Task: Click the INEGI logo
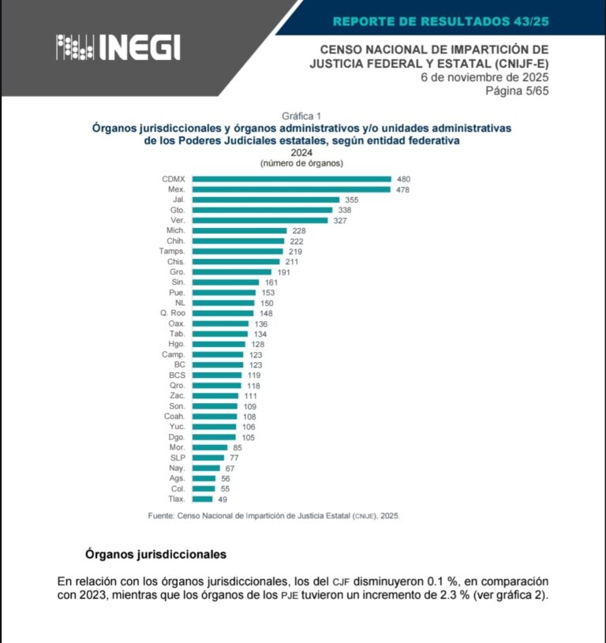click(x=118, y=47)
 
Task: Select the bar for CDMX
click(x=291, y=179)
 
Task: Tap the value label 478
click(x=402, y=190)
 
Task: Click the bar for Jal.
click(x=265, y=200)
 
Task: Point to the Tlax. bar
click(x=202, y=499)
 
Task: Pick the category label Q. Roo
click(x=172, y=313)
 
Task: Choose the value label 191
click(x=283, y=272)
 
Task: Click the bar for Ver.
click(x=260, y=220)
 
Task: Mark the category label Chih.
click(x=175, y=241)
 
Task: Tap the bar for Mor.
click(x=209, y=447)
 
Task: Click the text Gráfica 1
click(x=301, y=115)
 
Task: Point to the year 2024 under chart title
click(x=301, y=152)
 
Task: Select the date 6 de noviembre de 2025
click(x=484, y=77)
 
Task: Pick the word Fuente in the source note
click(x=163, y=515)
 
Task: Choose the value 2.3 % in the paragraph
click(x=443, y=594)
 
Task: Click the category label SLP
click(x=178, y=458)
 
